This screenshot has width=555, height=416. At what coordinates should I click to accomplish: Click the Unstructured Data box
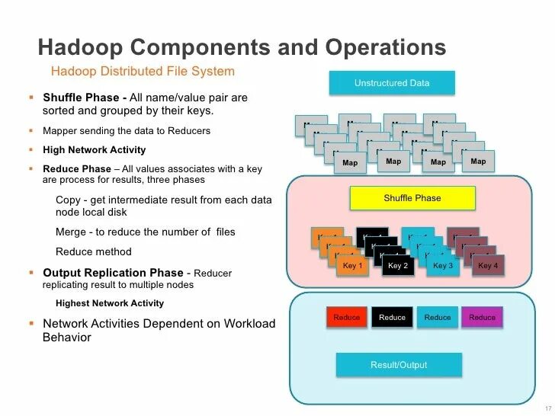(392, 83)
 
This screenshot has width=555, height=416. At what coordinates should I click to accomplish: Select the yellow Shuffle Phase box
(412, 198)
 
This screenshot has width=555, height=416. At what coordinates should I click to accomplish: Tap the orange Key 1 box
(352, 266)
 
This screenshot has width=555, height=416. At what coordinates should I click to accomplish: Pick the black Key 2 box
(398, 266)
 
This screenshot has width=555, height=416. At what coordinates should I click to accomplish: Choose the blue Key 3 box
(443, 266)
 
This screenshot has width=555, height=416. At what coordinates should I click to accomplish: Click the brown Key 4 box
(488, 266)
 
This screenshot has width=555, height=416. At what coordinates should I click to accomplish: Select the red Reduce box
(347, 317)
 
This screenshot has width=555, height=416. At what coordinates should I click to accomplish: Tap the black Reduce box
(392, 317)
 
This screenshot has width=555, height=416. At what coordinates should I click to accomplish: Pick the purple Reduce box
(482, 317)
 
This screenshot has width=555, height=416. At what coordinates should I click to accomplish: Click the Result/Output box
(399, 365)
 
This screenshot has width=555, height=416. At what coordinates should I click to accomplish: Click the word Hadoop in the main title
(79, 47)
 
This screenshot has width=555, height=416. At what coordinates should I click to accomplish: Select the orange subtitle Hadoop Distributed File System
(142, 72)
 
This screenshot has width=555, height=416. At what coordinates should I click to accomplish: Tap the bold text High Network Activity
(94, 150)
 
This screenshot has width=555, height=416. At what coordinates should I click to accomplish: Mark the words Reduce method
(93, 251)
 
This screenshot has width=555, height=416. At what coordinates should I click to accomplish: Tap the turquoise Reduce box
(437, 317)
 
